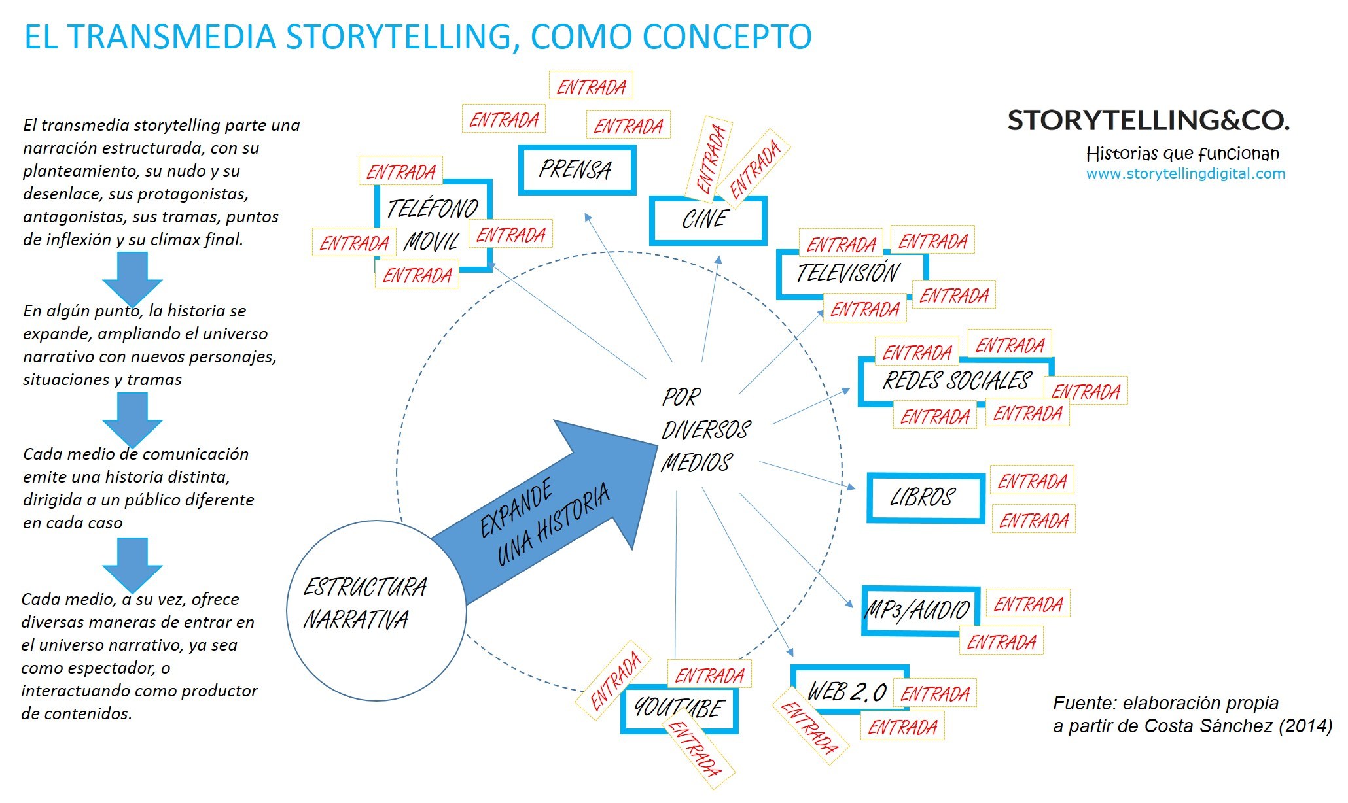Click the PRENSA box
tap(576, 170)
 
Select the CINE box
tap(707, 220)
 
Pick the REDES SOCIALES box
tap(955, 381)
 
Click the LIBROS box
tap(925, 498)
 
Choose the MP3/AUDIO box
tap(919, 611)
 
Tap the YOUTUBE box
tap(679, 708)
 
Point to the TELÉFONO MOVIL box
tap(433, 224)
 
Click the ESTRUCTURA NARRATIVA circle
tap(376, 611)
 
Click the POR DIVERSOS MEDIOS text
tap(704, 430)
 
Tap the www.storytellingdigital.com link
tap(1185, 174)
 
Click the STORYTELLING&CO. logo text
tap(1148, 121)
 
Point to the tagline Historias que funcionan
tap(1182, 154)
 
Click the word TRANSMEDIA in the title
tap(179, 37)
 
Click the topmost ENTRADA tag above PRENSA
tap(591, 86)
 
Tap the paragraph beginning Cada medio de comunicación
tap(137, 488)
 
